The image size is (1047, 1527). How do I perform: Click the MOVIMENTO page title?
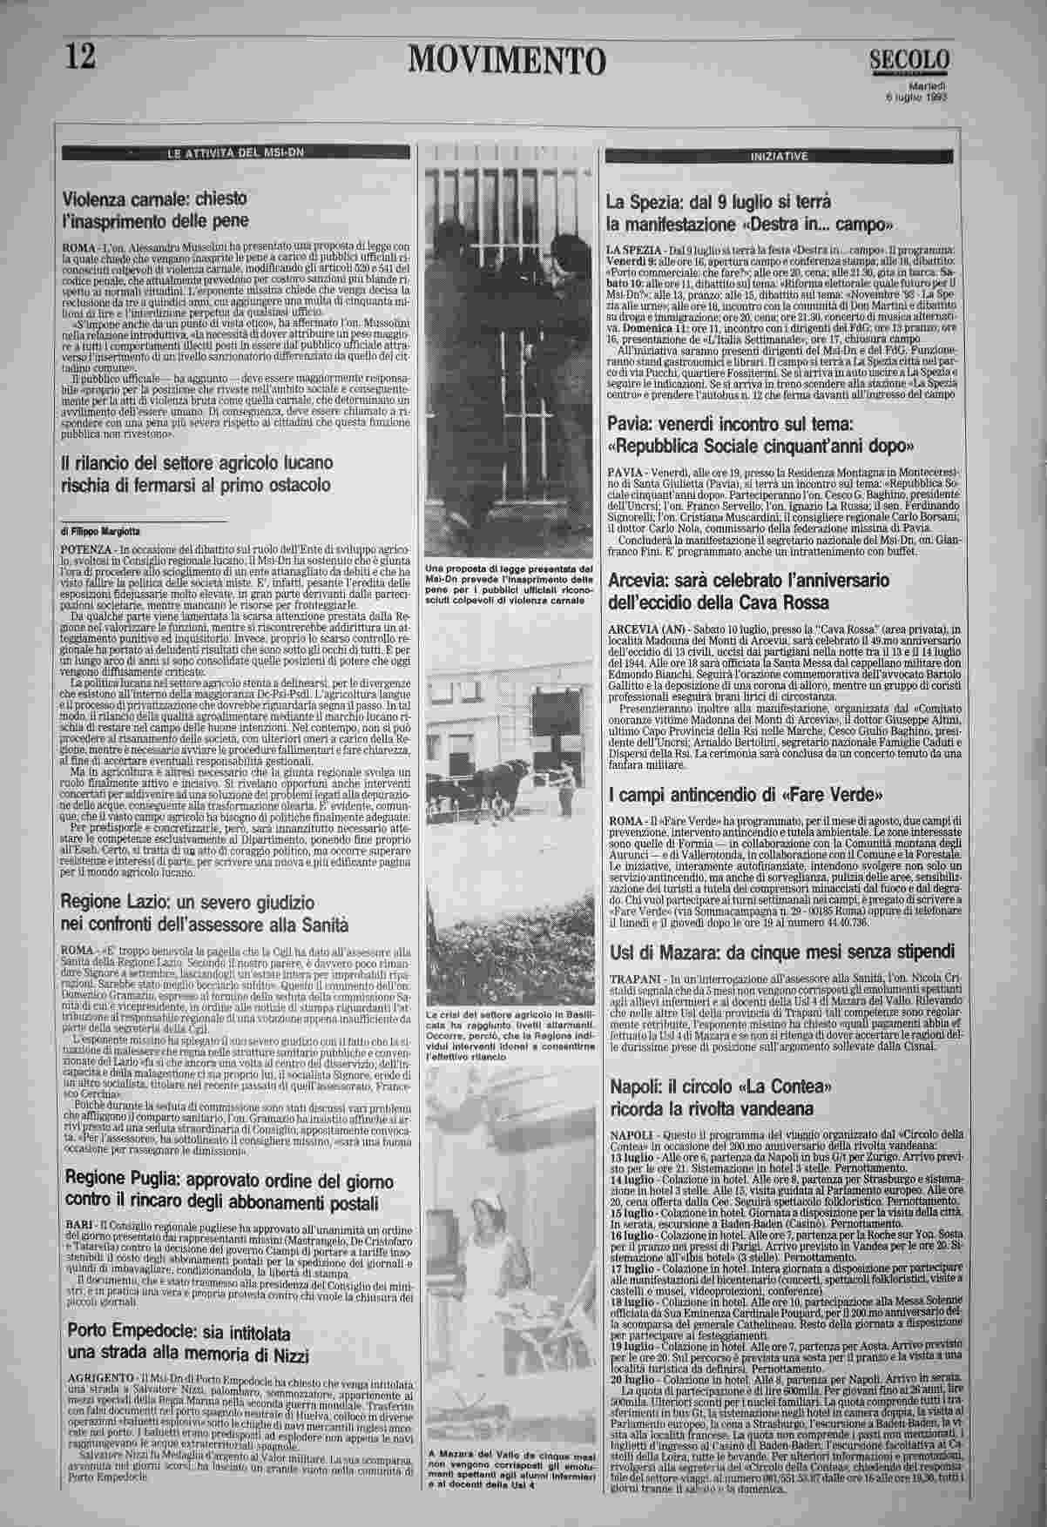coord(506,60)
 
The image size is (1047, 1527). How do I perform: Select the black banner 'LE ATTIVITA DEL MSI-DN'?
coord(236,153)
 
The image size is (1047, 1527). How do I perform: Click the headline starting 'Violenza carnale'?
coord(155,209)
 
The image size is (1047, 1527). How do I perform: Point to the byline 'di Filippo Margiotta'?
coord(102,530)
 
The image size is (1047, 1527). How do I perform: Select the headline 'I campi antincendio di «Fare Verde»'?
coord(746,795)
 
